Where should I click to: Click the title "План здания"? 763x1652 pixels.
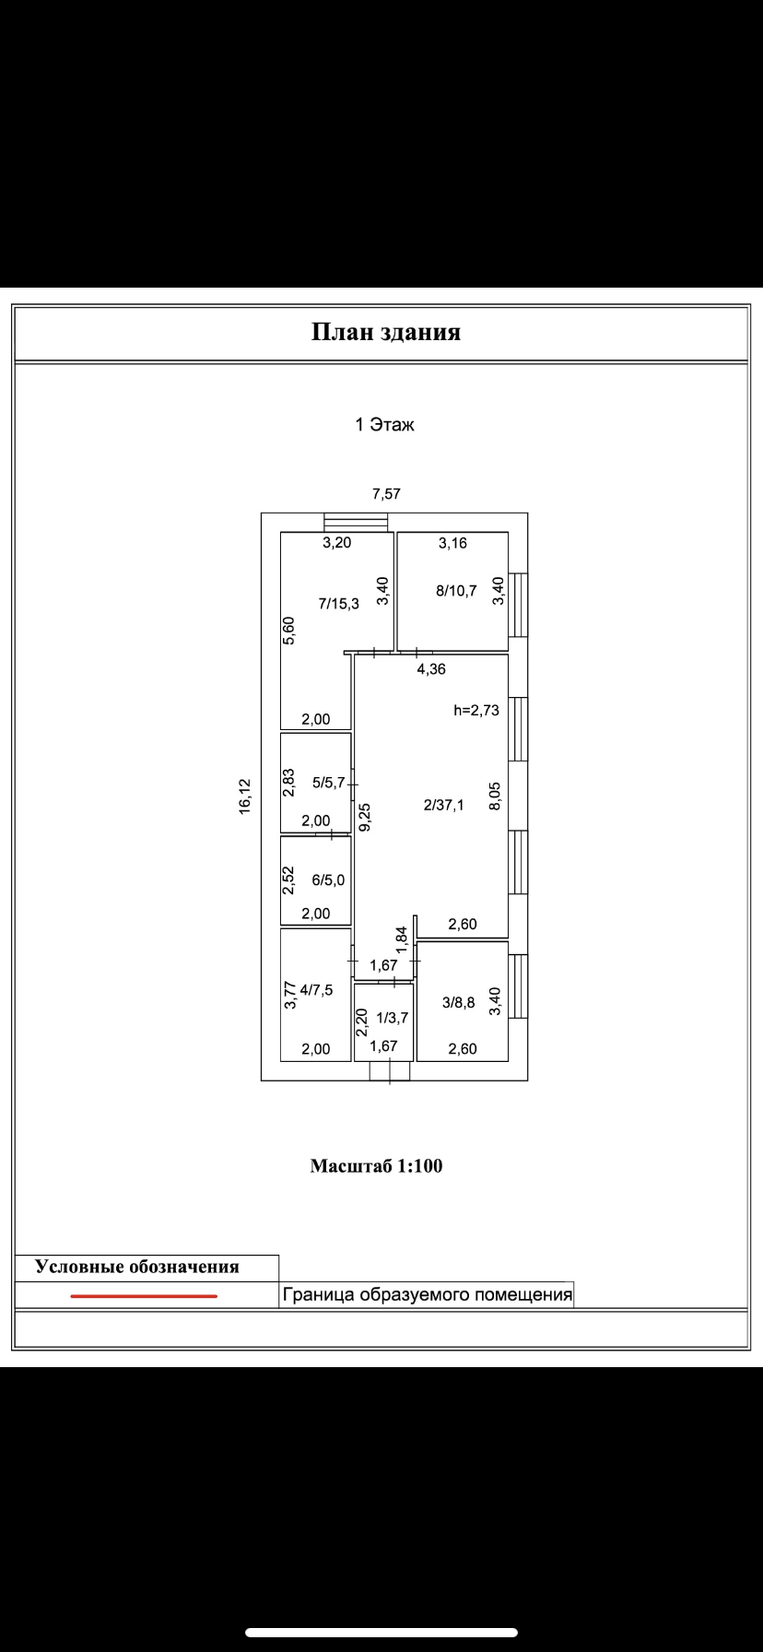click(385, 333)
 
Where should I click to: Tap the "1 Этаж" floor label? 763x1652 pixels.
click(385, 425)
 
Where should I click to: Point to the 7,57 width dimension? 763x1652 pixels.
click(386, 494)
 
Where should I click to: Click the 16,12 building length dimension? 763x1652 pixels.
click(244, 796)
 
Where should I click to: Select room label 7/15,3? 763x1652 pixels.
click(338, 605)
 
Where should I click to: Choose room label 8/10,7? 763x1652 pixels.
click(456, 591)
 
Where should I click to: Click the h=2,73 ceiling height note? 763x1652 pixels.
click(476, 710)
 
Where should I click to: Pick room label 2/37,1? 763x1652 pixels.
click(444, 805)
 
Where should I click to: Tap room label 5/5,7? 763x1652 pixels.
click(328, 783)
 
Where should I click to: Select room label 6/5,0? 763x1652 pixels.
click(328, 880)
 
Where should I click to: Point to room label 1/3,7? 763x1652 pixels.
click(392, 1018)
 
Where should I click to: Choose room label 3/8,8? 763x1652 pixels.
click(458, 1003)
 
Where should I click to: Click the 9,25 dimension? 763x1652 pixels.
click(365, 818)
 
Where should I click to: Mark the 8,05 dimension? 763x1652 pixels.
click(495, 796)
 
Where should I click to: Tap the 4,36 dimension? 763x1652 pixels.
click(430, 669)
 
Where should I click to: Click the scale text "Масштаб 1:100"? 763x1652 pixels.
click(376, 1166)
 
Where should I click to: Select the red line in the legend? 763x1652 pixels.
click(144, 1296)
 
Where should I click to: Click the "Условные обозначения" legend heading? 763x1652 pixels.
click(137, 1267)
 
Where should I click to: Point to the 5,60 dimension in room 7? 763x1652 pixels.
click(288, 631)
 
